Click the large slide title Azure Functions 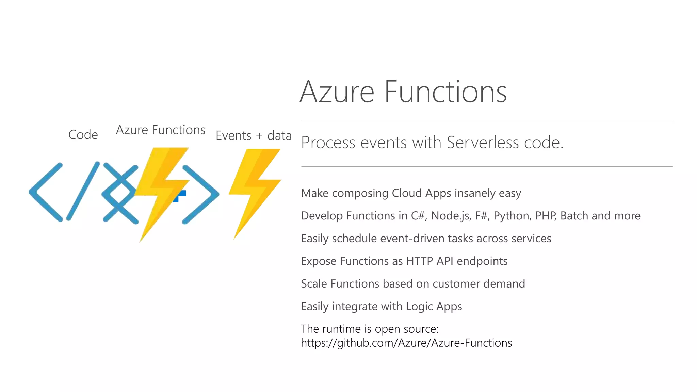[x=403, y=92]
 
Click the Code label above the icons [x=83, y=135]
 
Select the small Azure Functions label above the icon [x=160, y=130]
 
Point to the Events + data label [x=254, y=135]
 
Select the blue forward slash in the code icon [x=83, y=191]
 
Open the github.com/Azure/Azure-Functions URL [x=406, y=343]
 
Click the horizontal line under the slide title [x=487, y=120]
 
